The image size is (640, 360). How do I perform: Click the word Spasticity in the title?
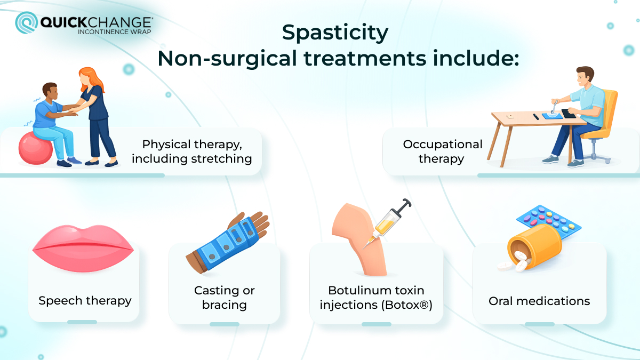[335, 33]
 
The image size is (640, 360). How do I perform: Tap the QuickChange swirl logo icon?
[26, 23]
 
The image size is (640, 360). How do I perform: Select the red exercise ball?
[35, 147]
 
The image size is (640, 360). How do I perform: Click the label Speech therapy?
[85, 301]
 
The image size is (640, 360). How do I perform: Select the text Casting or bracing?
[224, 298]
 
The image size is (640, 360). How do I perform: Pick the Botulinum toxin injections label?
[376, 298]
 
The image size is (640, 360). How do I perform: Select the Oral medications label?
[539, 301]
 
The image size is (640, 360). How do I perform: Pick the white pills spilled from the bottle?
[512, 263]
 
